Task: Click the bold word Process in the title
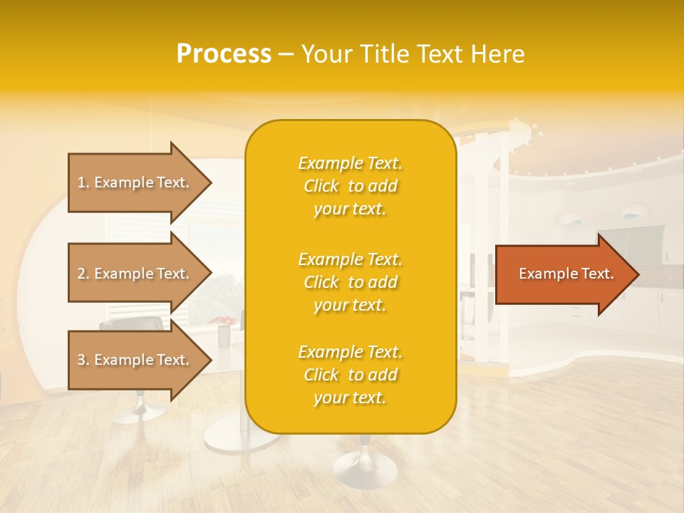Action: click(224, 54)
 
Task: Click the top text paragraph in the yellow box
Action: click(350, 186)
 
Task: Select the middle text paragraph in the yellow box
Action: click(350, 282)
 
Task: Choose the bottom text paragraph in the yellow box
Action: click(350, 375)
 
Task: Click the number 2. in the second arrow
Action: click(83, 274)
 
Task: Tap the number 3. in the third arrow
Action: click(83, 360)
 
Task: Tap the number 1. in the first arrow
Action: click(83, 182)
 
